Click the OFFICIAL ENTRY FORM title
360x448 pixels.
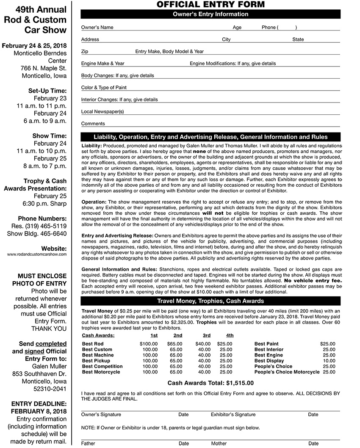210,5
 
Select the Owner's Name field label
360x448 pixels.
97,28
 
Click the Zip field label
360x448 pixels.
85,52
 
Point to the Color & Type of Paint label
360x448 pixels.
104,88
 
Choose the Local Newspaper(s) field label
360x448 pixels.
102,112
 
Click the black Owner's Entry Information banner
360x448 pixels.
210,14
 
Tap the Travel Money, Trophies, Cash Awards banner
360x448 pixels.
210,301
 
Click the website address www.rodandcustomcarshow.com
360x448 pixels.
37,254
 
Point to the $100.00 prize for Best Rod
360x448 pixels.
149,344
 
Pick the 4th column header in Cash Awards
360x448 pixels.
230,335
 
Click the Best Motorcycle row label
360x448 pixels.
101,372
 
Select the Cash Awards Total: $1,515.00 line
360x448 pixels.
210,383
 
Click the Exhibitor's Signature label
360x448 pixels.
233,415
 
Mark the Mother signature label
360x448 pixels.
219,444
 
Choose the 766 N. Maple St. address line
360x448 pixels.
44,68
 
